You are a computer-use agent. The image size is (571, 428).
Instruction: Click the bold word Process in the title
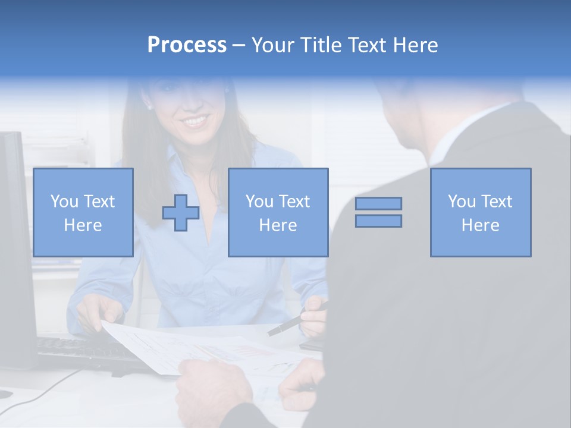(x=187, y=45)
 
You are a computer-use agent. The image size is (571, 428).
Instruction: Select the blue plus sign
(x=181, y=213)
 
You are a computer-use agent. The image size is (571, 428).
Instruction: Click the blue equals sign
(x=378, y=212)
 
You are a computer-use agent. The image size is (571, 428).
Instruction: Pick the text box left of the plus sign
(x=83, y=213)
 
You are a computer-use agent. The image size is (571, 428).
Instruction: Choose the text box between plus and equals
(x=278, y=213)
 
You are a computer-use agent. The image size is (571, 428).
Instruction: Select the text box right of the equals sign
(x=481, y=213)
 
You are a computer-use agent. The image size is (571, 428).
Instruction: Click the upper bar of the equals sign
(x=378, y=203)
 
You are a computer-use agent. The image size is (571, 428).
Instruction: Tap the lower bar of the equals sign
(x=378, y=221)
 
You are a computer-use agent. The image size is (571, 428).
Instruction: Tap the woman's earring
(x=149, y=108)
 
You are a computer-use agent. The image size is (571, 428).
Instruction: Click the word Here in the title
(x=415, y=45)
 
